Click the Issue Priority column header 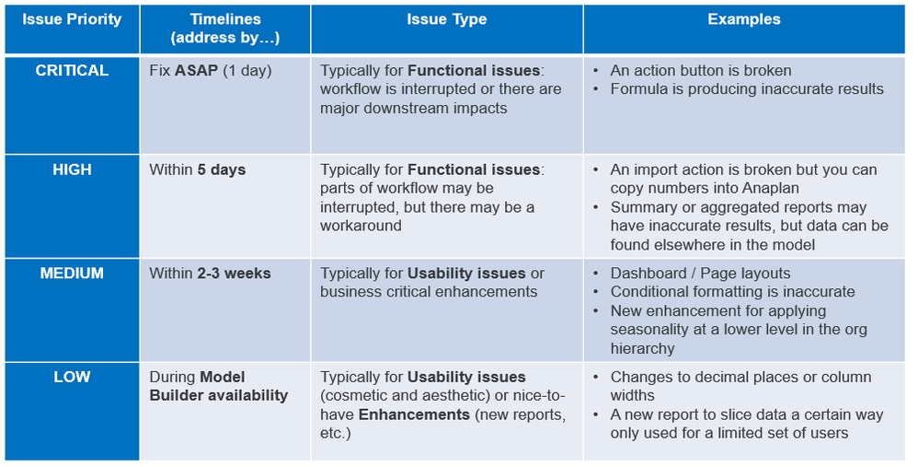pyautogui.click(x=72, y=19)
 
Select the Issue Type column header pyautogui.click(x=447, y=19)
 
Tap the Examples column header pyautogui.click(x=744, y=19)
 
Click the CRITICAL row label pyautogui.click(x=72, y=70)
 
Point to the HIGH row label pyautogui.click(x=72, y=169)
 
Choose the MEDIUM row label pyautogui.click(x=72, y=274)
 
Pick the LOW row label pyautogui.click(x=72, y=377)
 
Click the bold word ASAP pyautogui.click(x=197, y=70)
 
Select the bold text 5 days pyautogui.click(x=222, y=169)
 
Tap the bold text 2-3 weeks pyautogui.click(x=235, y=274)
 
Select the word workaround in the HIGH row pyautogui.click(x=361, y=227)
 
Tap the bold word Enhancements pyautogui.click(x=414, y=414)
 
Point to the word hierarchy pyautogui.click(x=642, y=349)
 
